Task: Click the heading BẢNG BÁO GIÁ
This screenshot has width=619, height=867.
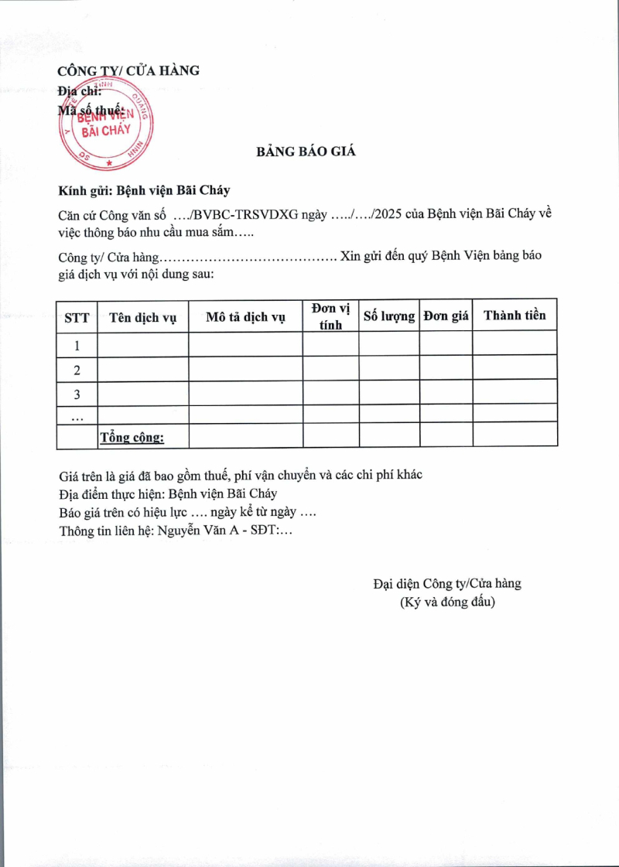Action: (306, 152)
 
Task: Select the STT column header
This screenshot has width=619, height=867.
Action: (77, 316)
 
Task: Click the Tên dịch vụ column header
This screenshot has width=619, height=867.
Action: (143, 316)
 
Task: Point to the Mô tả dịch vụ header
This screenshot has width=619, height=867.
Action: (245, 316)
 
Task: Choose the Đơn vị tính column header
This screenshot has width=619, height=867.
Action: (330, 316)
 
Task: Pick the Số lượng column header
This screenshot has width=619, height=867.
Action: (389, 316)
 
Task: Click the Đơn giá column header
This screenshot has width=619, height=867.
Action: (446, 316)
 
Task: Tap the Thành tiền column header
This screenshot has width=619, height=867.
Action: (515, 315)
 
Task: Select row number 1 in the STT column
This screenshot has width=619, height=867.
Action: (77, 345)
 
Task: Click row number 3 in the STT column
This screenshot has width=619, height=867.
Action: (77, 394)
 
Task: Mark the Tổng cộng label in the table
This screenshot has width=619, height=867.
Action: (132, 438)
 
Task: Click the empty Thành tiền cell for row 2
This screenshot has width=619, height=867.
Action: (515, 368)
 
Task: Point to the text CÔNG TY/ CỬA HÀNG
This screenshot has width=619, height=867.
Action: (128, 70)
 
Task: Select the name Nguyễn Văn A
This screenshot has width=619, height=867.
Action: (206, 531)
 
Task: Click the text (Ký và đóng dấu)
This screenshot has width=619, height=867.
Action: (446, 601)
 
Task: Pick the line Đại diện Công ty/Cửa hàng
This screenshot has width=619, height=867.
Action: (446, 583)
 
